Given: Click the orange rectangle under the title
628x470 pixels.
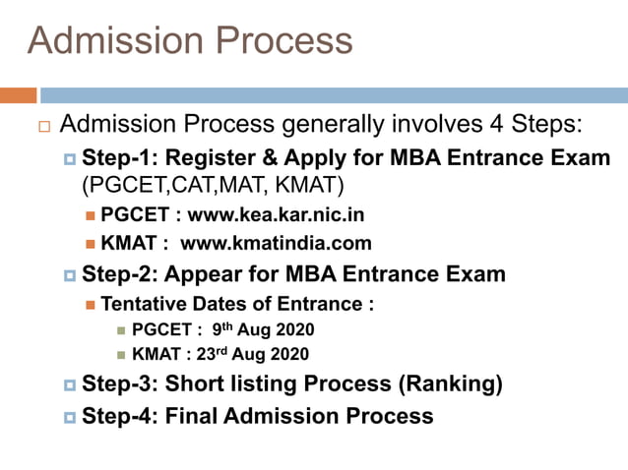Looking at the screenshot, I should tap(18, 95).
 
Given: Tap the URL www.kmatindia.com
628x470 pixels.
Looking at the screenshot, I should tap(277, 242).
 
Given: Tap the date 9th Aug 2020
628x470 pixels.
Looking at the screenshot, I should tap(263, 329).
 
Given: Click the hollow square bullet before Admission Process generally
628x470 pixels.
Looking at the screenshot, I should tap(43, 127).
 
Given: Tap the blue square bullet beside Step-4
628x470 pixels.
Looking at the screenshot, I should tap(70, 417).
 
